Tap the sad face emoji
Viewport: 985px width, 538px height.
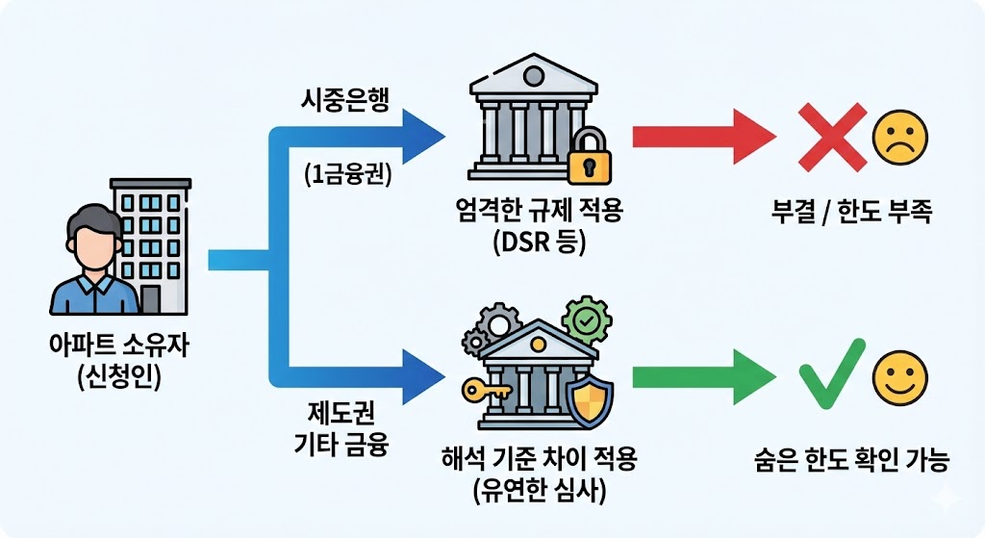pyautogui.click(x=898, y=138)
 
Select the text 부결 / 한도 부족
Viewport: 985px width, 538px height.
pyautogui.click(x=851, y=213)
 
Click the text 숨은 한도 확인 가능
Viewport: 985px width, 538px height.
pyautogui.click(x=851, y=461)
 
